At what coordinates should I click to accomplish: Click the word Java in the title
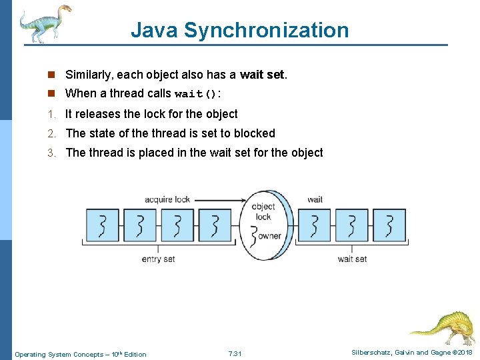point(154,30)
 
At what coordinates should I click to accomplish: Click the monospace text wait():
point(198,94)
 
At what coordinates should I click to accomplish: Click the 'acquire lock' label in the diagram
point(167,199)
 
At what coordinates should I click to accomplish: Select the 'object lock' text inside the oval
point(263,211)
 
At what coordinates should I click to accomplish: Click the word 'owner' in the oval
point(269,235)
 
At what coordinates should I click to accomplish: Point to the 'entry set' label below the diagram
point(158,259)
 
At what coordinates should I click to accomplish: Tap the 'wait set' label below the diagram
point(352,259)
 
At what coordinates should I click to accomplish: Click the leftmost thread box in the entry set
point(102,225)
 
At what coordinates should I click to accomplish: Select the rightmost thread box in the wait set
point(389,225)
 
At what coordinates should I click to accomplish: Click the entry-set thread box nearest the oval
point(215,225)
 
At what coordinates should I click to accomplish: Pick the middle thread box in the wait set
point(351,225)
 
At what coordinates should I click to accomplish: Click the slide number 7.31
point(235,354)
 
